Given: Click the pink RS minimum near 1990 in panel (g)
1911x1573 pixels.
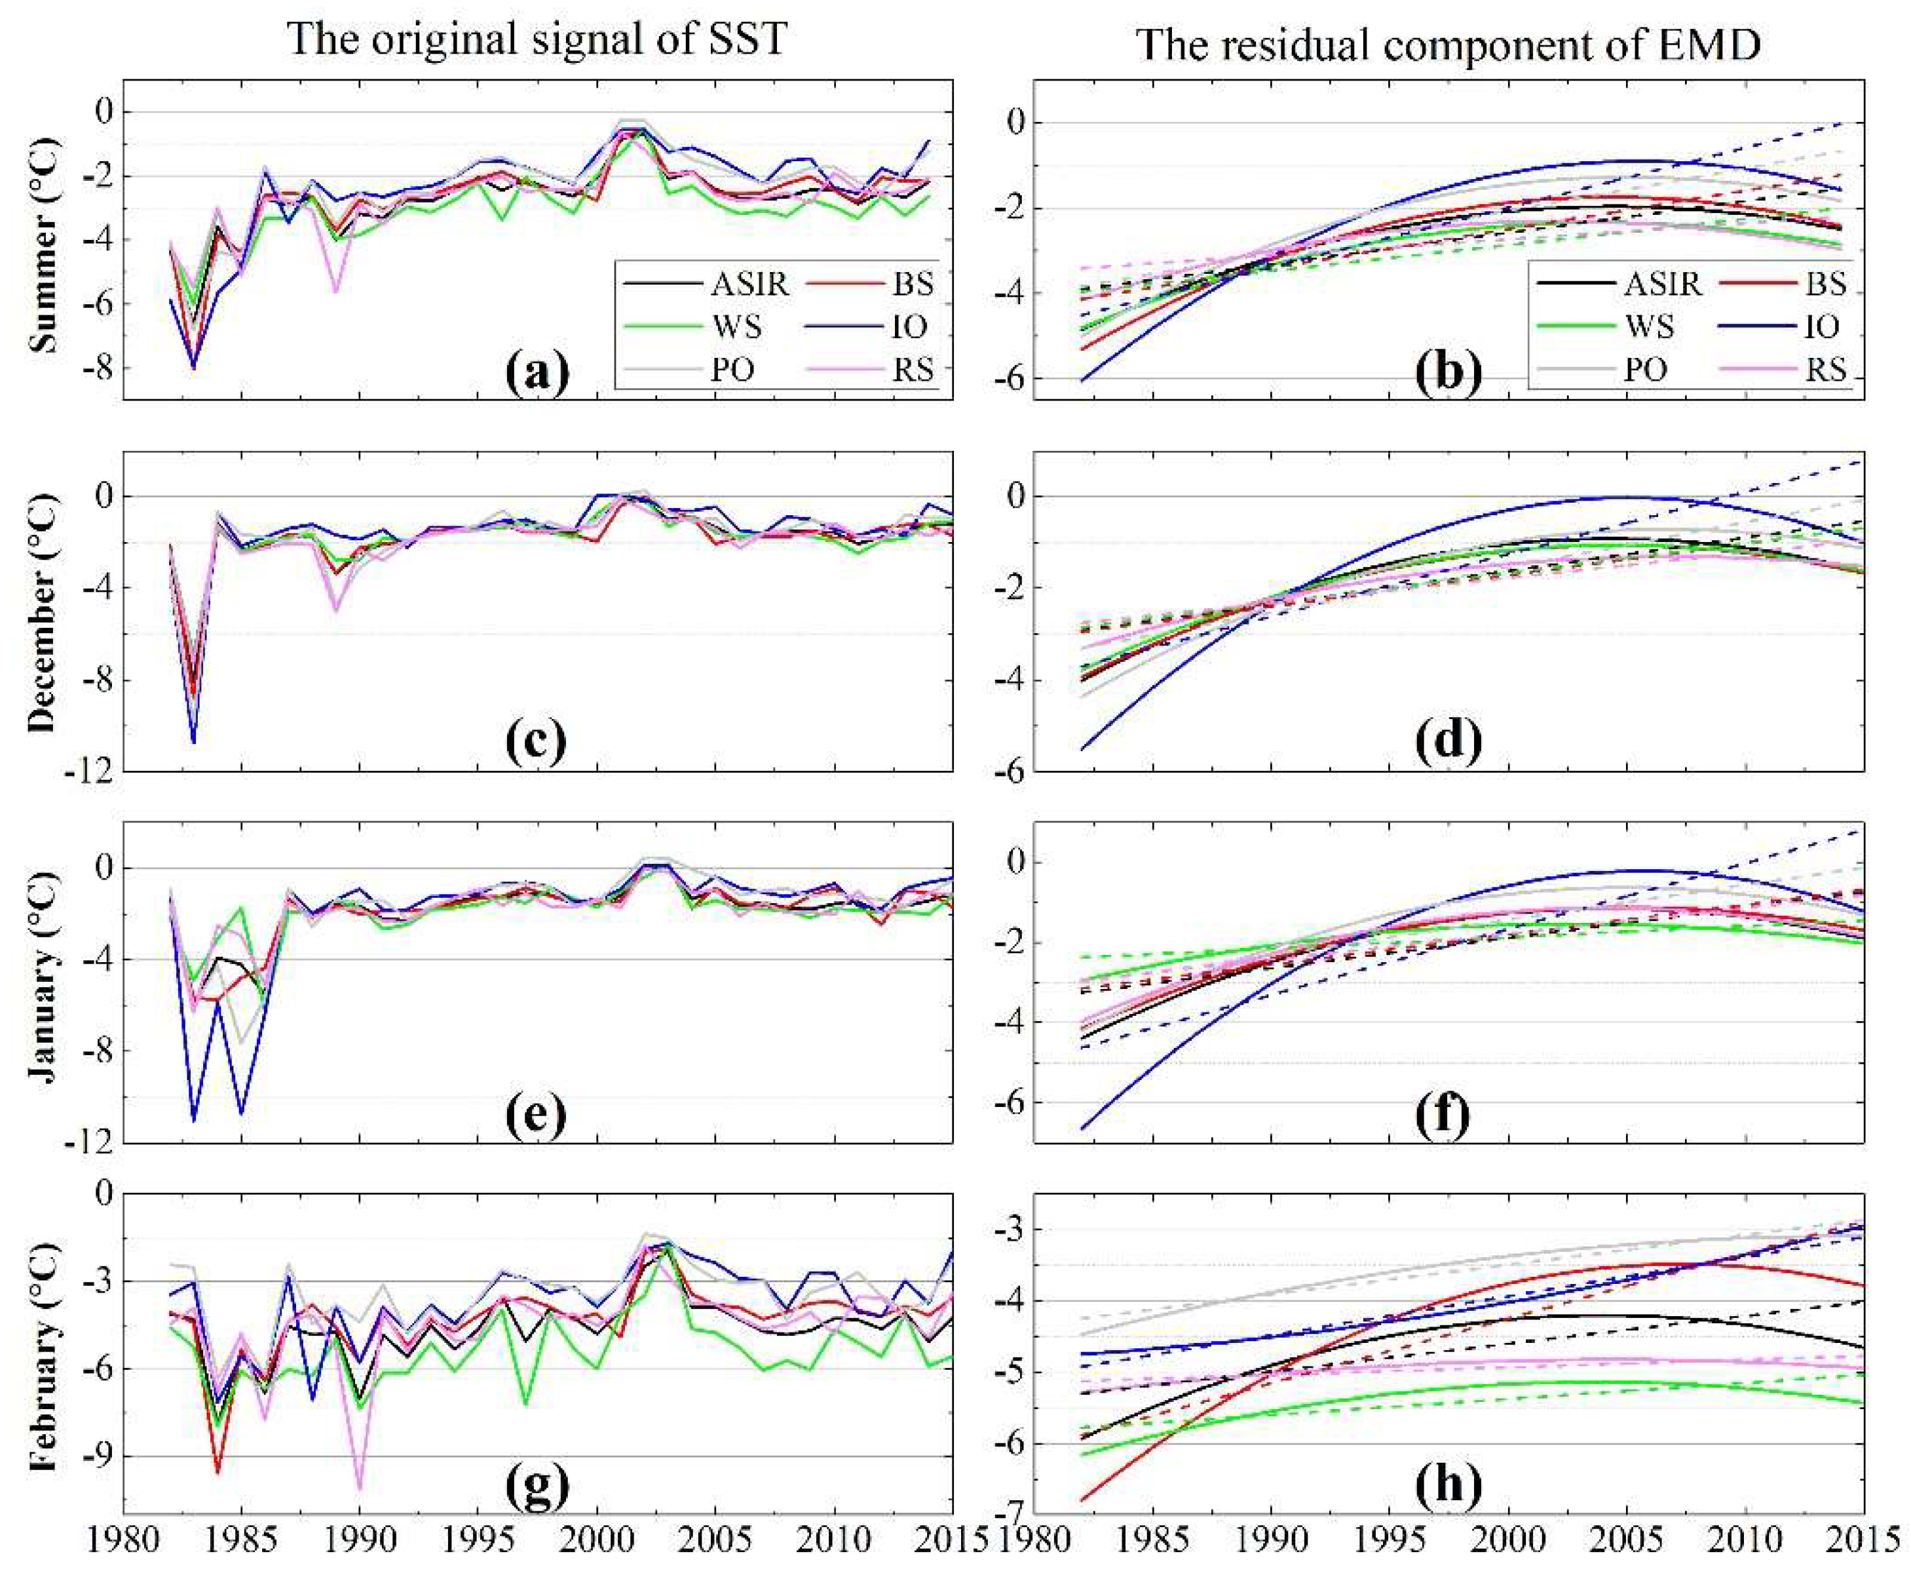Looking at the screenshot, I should [x=360, y=1488].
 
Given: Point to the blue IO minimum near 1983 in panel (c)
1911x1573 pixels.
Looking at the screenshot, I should [x=193, y=742].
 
